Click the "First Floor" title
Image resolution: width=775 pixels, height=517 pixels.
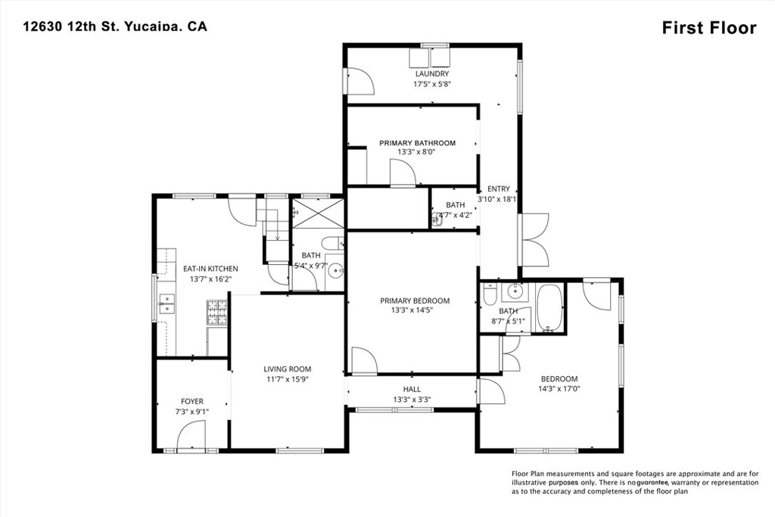pyautogui.click(x=708, y=28)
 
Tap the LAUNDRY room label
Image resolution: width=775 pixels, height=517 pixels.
pyautogui.click(x=432, y=73)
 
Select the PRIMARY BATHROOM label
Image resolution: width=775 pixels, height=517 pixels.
pyautogui.click(x=417, y=143)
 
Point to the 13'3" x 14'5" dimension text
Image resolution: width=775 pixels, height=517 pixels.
pyautogui.click(x=414, y=310)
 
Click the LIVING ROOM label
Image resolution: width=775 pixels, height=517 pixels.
pyautogui.click(x=287, y=369)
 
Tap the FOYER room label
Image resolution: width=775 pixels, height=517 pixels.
pyautogui.click(x=191, y=401)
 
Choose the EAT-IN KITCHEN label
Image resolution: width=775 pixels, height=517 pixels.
pyautogui.click(x=210, y=269)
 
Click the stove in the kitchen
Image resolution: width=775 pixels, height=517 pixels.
pyautogui.click(x=217, y=313)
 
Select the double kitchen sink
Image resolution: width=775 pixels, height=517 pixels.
pyautogui.click(x=167, y=304)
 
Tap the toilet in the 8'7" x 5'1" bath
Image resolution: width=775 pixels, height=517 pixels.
pyautogui.click(x=490, y=294)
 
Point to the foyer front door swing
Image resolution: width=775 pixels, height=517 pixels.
pyautogui.click(x=191, y=435)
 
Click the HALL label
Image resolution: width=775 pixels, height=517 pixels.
pyautogui.click(x=412, y=390)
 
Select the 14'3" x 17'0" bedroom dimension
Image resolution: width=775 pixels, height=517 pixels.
pyautogui.click(x=559, y=388)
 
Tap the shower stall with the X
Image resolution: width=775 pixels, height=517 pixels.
pyautogui.click(x=318, y=213)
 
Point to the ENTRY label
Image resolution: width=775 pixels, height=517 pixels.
pyautogui.click(x=498, y=188)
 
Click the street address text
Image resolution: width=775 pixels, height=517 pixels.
pyautogui.click(x=115, y=26)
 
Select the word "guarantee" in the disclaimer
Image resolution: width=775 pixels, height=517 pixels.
pyautogui.click(x=652, y=483)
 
